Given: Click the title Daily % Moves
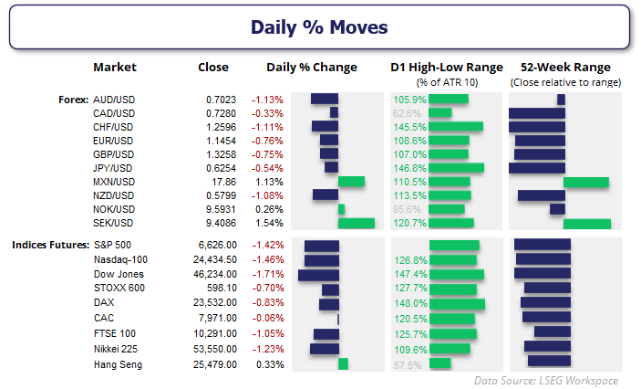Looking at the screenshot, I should pos(319,26).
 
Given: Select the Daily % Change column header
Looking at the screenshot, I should pos(311,68).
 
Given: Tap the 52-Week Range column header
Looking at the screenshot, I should pos(564,68).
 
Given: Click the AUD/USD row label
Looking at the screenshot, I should pos(113,99).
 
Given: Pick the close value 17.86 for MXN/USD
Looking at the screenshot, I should pos(222,182).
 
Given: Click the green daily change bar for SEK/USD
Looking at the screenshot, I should pos(356,223).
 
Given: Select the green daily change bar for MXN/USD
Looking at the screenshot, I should pos(351,182).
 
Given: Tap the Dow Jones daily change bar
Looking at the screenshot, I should pos(318,274).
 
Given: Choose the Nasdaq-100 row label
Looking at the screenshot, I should pos(119,259).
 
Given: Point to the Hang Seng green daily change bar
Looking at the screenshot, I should pos(343,364).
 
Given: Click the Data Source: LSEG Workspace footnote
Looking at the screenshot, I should pos(546,380).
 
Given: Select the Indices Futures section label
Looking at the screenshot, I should pos(50,245).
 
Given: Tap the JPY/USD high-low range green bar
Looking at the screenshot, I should pos(456,168).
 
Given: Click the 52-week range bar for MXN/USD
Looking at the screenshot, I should pos(586,182).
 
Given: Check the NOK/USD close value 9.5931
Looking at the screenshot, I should pos(219,209).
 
